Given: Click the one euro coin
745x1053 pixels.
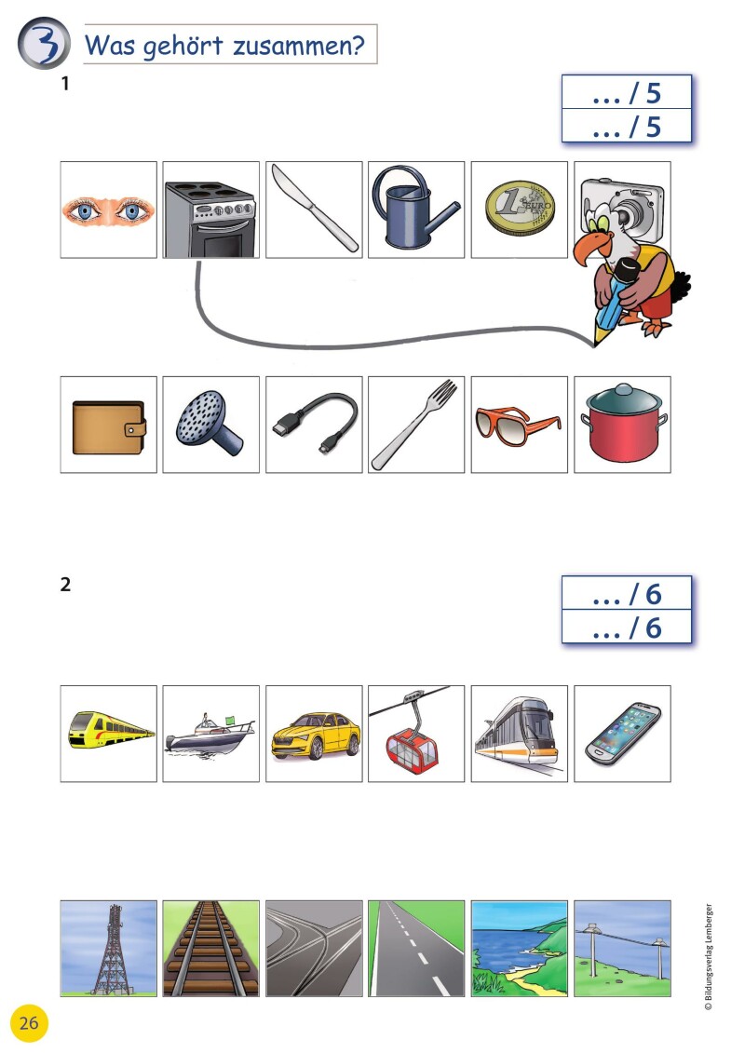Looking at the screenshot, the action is pos(520,208).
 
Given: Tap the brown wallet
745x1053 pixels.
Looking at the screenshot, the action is pos(109,427).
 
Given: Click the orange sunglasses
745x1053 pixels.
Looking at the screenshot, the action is pos(517,425).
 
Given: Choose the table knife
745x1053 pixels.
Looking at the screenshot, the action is pos(314,209).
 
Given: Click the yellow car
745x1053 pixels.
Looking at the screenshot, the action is pos(315,736).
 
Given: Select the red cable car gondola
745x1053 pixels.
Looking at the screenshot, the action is pos(411,747).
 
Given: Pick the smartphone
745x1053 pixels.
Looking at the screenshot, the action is pos(623,734).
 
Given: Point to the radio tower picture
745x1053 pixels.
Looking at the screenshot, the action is pos(109,948).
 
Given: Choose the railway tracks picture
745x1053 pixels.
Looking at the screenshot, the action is pos(211,948).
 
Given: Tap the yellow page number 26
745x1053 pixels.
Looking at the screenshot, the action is pos(29,1023).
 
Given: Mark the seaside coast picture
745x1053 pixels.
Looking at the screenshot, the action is pos(520,948).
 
